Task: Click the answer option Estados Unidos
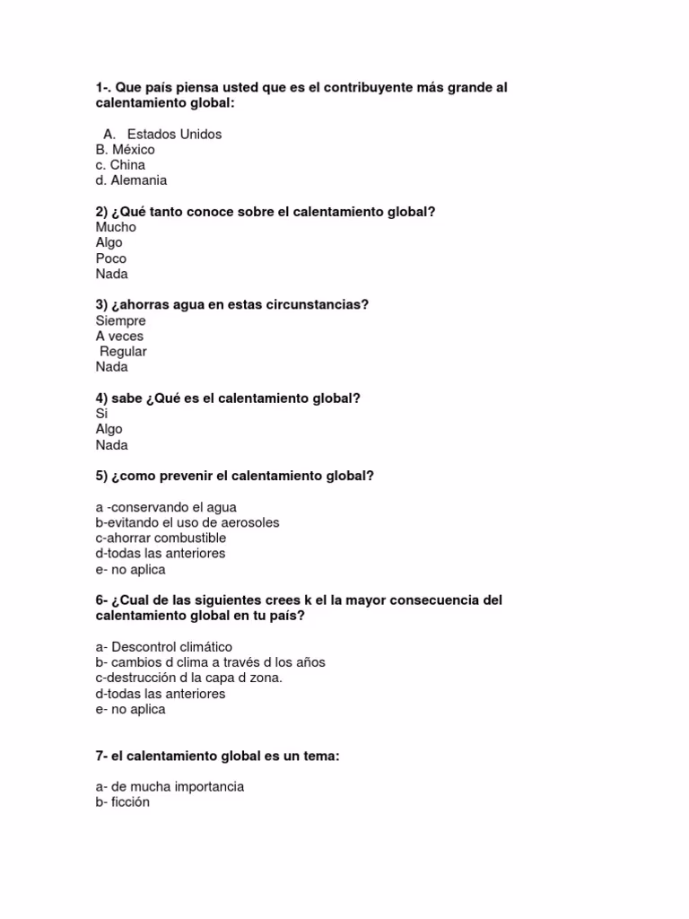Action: click(x=174, y=134)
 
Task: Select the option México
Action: click(x=125, y=150)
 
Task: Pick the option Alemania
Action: click(x=131, y=180)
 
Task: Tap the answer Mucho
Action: click(x=116, y=227)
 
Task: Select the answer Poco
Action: click(x=111, y=258)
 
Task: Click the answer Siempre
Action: click(x=120, y=320)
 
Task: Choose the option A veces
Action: click(x=119, y=336)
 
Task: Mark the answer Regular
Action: click(x=123, y=351)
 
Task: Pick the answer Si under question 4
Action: click(x=101, y=414)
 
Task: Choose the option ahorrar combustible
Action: click(x=161, y=538)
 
